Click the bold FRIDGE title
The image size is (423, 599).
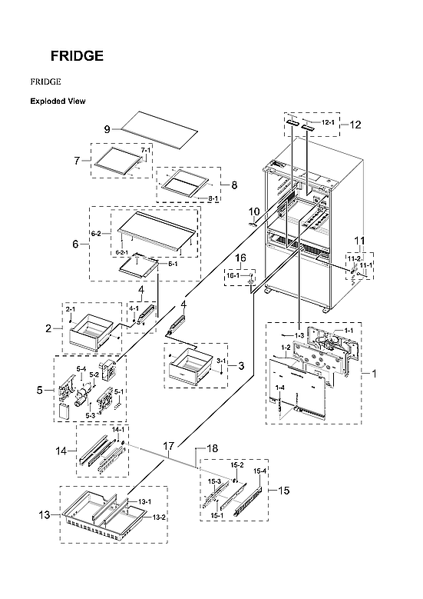pyautogui.click(x=77, y=56)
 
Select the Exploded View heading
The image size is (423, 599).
pyautogui.click(x=58, y=101)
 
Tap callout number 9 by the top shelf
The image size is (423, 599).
pyautogui.click(x=108, y=128)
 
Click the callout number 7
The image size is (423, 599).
pyautogui.click(x=77, y=161)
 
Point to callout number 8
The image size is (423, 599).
pyautogui.click(x=234, y=185)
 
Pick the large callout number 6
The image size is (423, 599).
pyautogui.click(x=75, y=244)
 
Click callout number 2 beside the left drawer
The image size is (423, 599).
pyautogui.click(x=48, y=328)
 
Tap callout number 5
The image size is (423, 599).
pyautogui.click(x=39, y=391)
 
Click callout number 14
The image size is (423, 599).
pyautogui.click(x=64, y=454)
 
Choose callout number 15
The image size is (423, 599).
pyautogui.click(x=283, y=490)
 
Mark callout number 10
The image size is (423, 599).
pyautogui.click(x=254, y=211)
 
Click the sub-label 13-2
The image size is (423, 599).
pyautogui.click(x=159, y=517)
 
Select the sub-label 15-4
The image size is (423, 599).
pyautogui.click(x=260, y=471)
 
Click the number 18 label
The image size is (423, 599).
pyautogui.click(x=213, y=447)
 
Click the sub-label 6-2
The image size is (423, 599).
pyautogui.click(x=97, y=233)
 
